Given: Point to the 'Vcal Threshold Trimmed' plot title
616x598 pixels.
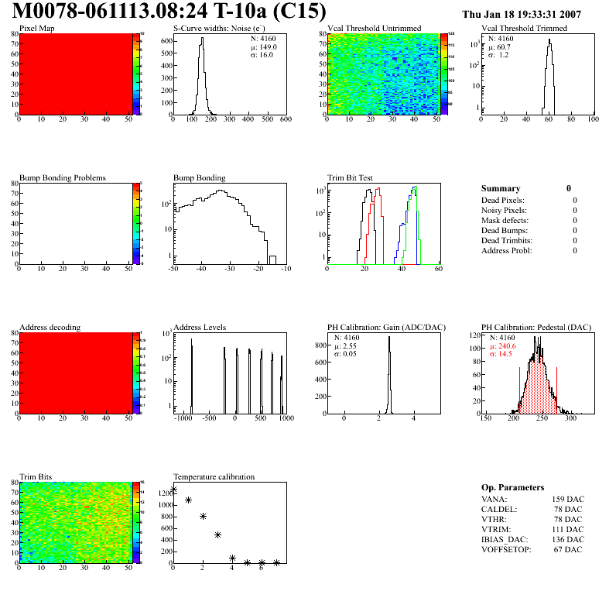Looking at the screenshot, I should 524,29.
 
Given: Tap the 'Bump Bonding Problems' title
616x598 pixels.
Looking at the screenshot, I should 63,178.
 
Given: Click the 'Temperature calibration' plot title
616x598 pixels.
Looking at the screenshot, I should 214,476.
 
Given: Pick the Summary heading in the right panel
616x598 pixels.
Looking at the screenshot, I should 501,188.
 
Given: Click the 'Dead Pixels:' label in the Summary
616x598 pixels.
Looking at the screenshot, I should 504,200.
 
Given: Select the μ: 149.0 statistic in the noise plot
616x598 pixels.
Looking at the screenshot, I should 264,46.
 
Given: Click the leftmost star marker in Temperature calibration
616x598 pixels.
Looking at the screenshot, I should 174,490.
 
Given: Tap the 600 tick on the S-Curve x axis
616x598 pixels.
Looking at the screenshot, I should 286,119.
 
